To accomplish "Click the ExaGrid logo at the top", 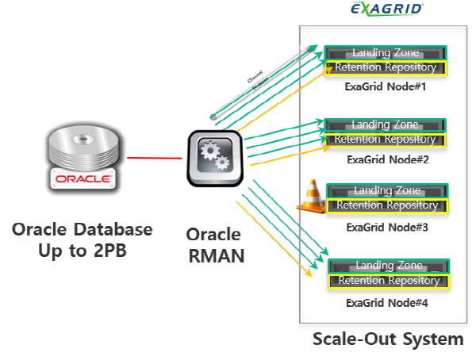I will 387,10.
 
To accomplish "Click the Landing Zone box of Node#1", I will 386,53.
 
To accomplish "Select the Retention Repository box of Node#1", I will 386,67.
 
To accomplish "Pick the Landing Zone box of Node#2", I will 386,125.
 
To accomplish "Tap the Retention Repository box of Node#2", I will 386,140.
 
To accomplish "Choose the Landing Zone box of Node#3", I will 386,191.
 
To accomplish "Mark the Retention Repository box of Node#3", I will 387,205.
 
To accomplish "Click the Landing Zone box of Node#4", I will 389,266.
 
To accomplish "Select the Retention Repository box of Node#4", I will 389,281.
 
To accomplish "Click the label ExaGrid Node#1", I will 386,86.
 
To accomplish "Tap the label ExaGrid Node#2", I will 388,159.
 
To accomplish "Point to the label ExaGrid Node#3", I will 387,228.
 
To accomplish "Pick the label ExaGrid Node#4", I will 387,302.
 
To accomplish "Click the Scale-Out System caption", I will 387,339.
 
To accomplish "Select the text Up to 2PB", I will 83,251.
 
